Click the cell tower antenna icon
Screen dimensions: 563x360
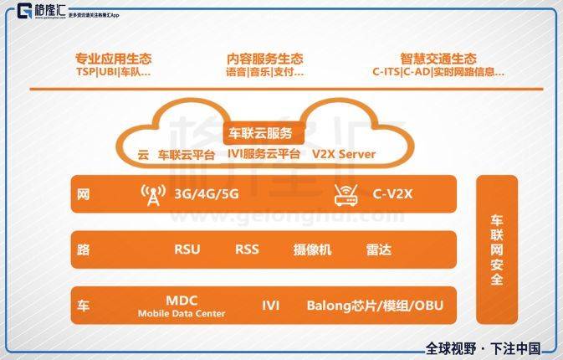click(153, 195)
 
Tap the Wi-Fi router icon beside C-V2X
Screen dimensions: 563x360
click(345, 195)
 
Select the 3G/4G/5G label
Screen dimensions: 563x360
click(207, 194)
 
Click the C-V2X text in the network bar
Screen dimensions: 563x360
click(392, 194)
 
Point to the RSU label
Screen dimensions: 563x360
click(187, 249)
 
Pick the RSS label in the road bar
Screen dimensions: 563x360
click(247, 249)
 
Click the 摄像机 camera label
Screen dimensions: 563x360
click(312, 249)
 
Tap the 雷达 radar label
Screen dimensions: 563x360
click(378, 249)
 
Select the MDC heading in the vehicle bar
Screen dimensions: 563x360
click(182, 301)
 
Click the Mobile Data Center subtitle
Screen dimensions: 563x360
click(182, 314)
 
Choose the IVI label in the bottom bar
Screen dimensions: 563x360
click(271, 306)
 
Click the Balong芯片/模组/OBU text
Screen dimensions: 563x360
click(376, 306)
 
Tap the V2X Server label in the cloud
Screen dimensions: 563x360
click(344, 154)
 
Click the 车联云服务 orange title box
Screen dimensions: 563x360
click(261, 134)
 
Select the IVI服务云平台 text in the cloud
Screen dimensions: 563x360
click(264, 154)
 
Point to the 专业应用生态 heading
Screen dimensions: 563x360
click(114, 59)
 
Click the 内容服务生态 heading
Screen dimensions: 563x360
click(265, 59)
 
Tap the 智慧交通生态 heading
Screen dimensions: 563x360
click(438, 59)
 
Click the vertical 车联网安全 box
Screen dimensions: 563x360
click(497, 249)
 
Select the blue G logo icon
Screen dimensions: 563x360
click(25, 11)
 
